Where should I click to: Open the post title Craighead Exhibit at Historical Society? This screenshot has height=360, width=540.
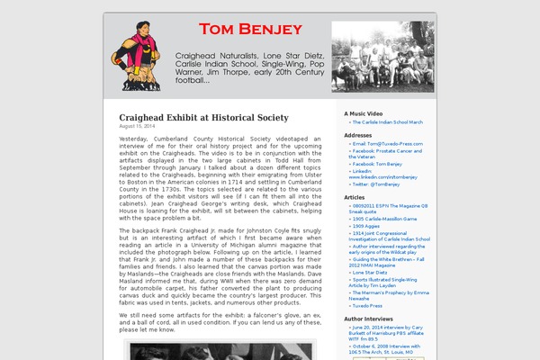point(203,118)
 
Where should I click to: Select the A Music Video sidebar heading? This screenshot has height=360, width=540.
point(363,113)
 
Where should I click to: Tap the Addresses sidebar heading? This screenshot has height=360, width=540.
point(357,135)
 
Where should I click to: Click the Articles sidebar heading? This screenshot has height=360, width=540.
point(355,197)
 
